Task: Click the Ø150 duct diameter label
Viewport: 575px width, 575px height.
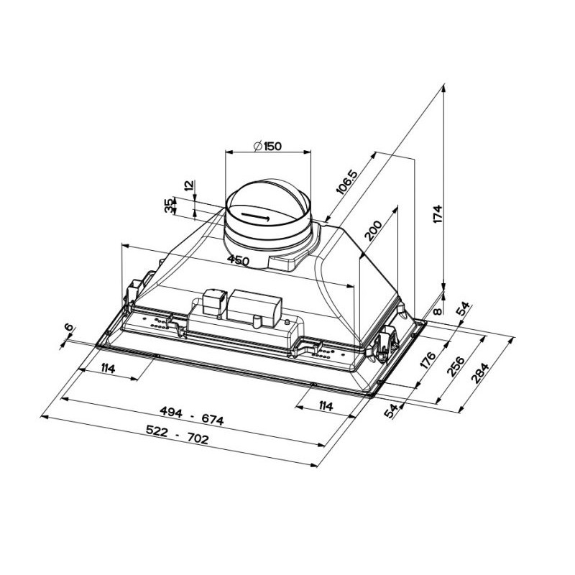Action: point(267,147)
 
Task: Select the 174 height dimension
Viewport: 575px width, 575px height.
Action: point(438,214)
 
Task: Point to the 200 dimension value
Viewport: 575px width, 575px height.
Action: point(373,230)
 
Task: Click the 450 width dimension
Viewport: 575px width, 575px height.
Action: point(238,260)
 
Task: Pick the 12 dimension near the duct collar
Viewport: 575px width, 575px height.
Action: point(189,185)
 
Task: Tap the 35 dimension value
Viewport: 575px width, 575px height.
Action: point(168,206)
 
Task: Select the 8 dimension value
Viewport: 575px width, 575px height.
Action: point(437,311)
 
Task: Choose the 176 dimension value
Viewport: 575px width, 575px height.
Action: point(427,361)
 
